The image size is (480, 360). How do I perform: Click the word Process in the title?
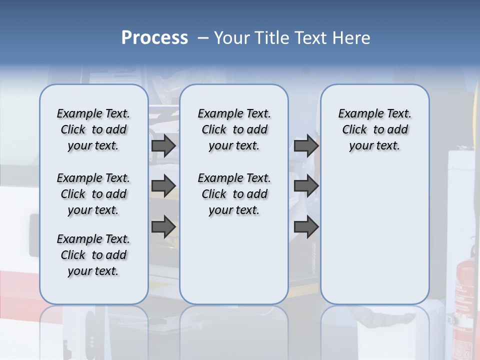[154, 37]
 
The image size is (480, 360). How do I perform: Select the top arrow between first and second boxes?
[163, 145]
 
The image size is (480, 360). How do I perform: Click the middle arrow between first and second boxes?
[163, 186]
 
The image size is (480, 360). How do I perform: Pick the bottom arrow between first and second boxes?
[163, 226]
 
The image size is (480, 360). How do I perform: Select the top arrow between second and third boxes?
[306, 145]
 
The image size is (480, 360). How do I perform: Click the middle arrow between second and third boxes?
[306, 186]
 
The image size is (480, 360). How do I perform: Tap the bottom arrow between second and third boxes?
[306, 226]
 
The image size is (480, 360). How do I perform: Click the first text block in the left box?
[93, 129]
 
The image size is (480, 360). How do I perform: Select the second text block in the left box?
[93, 194]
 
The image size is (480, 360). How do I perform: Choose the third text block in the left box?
[93, 255]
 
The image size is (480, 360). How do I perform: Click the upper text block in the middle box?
[234, 129]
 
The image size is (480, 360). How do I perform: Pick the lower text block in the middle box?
[234, 194]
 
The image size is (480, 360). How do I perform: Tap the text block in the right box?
[374, 129]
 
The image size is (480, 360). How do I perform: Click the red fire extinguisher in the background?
[465, 290]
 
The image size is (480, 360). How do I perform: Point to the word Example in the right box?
[357, 114]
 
